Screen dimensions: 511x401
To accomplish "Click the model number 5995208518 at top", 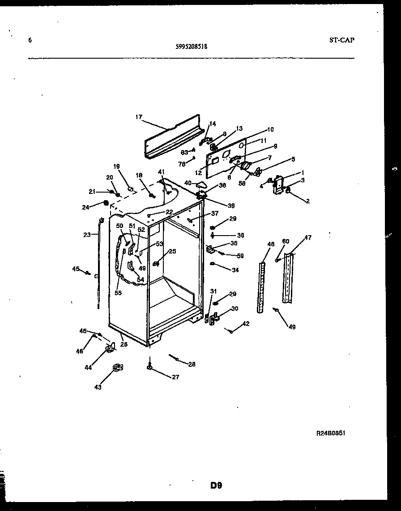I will tap(191, 46).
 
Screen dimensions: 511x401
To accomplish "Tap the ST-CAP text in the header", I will tap(341, 40).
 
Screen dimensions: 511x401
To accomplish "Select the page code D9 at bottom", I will tap(216, 485).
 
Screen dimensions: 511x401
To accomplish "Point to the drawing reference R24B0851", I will tap(331, 434).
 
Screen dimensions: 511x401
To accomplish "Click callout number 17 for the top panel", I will tap(138, 117).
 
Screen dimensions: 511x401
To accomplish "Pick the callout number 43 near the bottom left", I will tap(98, 387).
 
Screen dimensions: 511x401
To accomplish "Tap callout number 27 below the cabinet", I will tap(175, 378).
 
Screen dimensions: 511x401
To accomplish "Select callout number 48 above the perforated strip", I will tap(271, 244).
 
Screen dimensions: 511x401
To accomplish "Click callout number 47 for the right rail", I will tap(308, 238).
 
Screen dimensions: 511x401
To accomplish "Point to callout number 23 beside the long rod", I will tap(87, 234).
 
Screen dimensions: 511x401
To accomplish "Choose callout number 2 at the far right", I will tap(307, 202).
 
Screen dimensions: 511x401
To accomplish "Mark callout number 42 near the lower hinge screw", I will tap(246, 324).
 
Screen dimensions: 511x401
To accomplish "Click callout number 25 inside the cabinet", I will tap(172, 251).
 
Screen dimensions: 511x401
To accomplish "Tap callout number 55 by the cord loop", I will tap(118, 293).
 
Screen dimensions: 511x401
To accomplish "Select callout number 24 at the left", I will tap(85, 207).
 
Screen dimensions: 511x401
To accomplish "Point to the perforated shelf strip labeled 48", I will tap(262, 287).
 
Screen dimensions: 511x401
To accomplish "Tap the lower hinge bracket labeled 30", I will tap(215, 318).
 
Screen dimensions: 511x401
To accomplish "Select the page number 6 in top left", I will tap(30, 40).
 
